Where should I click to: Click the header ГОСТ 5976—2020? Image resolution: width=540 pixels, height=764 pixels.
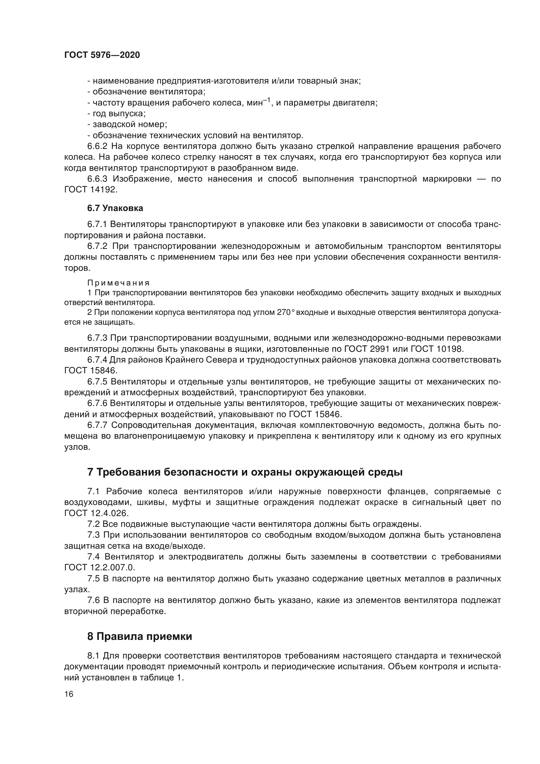pyautogui.click(x=102, y=55)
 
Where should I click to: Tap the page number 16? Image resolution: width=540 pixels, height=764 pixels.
pyautogui.click(x=69, y=694)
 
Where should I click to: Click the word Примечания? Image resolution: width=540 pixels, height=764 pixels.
pyautogui.click(x=119, y=283)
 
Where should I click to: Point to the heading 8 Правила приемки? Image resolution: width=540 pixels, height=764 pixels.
pyautogui.click(x=140, y=637)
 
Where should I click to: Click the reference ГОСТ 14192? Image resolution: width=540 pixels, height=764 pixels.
pyautogui.click(x=90, y=190)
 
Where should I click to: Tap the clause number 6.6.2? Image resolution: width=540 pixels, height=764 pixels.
pyautogui.click(x=97, y=146)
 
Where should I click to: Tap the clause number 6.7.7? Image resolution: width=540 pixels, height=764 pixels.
pyautogui.click(x=97, y=425)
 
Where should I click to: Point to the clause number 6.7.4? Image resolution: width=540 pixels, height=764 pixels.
pyautogui.click(x=97, y=360)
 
